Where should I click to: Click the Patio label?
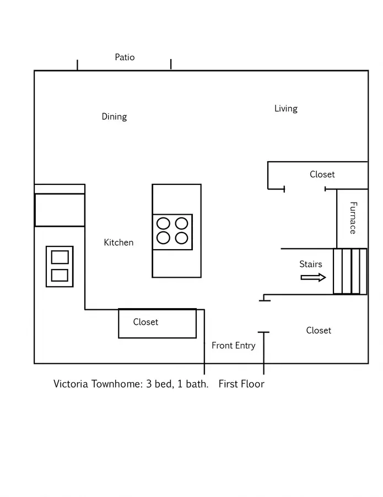click(x=125, y=57)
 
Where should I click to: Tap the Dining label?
click(x=114, y=117)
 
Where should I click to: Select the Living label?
click(x=286, y=109)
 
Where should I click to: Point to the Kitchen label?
click(x=118, y=242)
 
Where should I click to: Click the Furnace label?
click(x=353, y=218)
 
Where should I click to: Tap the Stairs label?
click(x=311, y=264)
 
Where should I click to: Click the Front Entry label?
click(x=234, y=346)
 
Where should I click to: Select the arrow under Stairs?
click(x=313, y=277)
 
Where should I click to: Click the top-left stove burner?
click(x=163, y=224)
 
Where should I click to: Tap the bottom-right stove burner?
click(x=181, y=238)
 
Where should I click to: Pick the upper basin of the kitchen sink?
click(x=60, y=257)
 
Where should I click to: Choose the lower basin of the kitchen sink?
click(x=60, y=275)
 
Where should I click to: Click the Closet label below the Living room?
click(x=322, y=175)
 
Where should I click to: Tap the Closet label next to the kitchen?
click(x=145, y=322)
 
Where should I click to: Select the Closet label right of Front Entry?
click(x=319, y=330)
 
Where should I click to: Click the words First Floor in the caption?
click(x=241, y=384)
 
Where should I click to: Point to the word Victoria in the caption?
click(x=71, y=384)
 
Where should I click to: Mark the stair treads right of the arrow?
click(x=350, y=271)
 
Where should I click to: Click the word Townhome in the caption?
click(x=116, y=384)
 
